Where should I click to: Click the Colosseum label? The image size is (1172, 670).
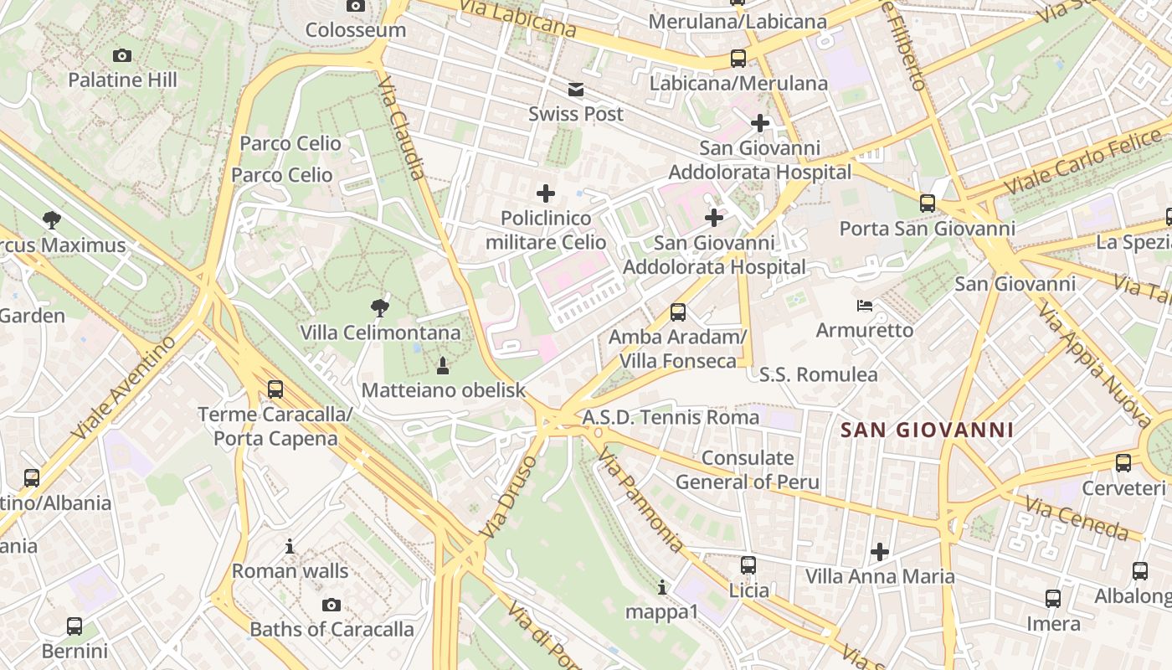(355, 30)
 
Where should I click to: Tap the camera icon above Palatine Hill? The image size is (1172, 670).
(122, 56)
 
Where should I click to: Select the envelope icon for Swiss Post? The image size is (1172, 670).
(576, 90)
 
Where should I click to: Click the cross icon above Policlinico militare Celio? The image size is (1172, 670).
(545, 194)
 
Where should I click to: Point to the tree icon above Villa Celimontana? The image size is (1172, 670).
(380, 308)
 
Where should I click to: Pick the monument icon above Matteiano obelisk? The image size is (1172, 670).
(443, 365)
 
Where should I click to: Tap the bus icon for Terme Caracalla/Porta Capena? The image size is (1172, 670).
(275, 389)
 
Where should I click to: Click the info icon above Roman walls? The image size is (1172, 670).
(290, 547)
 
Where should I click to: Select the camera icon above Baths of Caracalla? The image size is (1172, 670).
(332, 605)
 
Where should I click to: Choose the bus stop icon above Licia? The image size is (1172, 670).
(748, 565)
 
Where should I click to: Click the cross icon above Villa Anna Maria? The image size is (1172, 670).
(879, 552)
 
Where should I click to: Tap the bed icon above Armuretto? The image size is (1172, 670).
(865, 306)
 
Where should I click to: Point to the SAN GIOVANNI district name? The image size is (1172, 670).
(927, 430)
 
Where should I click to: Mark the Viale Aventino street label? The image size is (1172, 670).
(124, 388)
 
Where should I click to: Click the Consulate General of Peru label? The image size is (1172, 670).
(748, 470)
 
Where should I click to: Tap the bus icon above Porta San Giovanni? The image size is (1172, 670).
(927, 204)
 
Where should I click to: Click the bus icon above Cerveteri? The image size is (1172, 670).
(1123, 463)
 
